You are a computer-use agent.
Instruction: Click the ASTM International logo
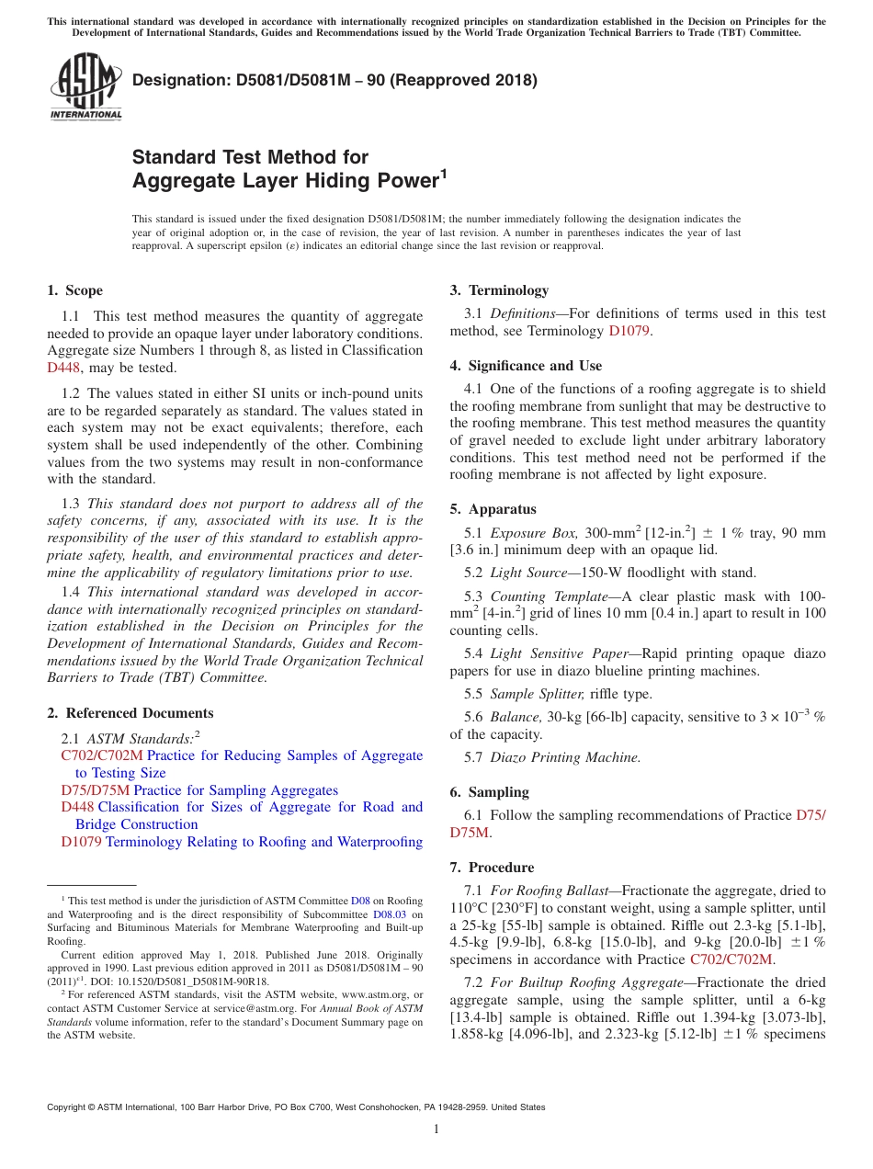[85, 87]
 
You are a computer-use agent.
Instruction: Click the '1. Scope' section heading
[74, 290]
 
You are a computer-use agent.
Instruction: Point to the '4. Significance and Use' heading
[526, 366]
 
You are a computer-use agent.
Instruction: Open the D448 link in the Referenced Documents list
[77, 807]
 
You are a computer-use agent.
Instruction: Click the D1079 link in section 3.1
[629, 331]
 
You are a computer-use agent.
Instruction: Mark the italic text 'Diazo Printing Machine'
[565, 757]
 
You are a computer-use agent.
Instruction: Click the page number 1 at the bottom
[436, 1129]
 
